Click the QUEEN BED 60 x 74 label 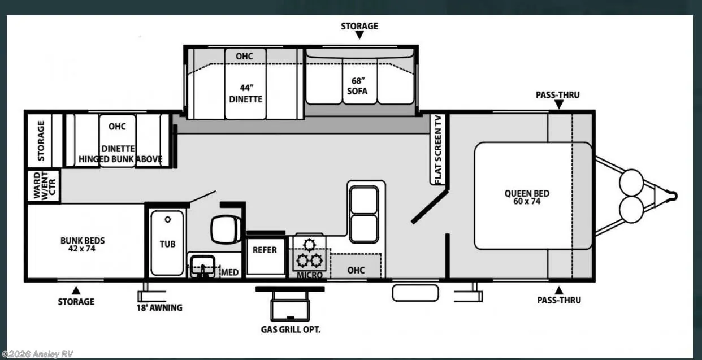coord(527,197)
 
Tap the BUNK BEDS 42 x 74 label coord(83,245)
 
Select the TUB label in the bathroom coord(167,244)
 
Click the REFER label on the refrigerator coord(265,250)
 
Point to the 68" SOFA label coord(357,86)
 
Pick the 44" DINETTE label coord(246,94)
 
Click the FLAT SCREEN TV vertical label coord(438,149)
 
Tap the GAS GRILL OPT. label coord(291,329)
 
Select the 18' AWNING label coord(159,307)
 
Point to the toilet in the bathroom coord(226,229)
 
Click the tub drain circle coord(168,220)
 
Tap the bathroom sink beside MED coord(203,266)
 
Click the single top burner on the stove coord(309,245)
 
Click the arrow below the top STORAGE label coord(359,35)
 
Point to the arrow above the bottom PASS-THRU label coord(559,290)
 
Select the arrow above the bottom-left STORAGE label coord(76,290)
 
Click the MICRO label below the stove coord(310,275)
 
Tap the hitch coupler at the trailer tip coord(673,196)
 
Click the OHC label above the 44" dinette coord(244,56)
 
